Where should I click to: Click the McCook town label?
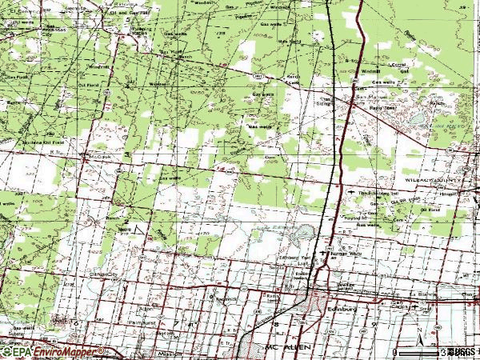click(97, 158)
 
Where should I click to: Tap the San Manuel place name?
click(364, 100)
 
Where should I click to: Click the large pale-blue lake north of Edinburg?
click(305, 234)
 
